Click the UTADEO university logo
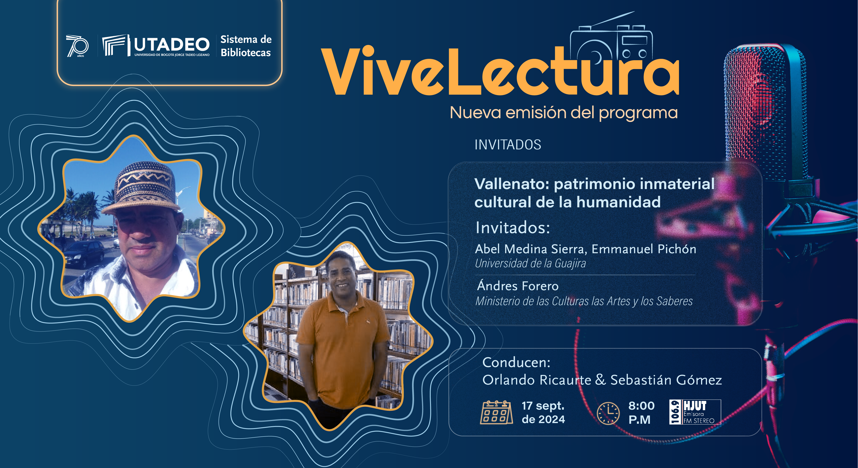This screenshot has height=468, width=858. coord(156,45)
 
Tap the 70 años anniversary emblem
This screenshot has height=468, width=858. coord(77,46)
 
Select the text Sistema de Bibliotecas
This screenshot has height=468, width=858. coord(246,46)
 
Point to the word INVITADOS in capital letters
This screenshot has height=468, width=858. coord(508,145)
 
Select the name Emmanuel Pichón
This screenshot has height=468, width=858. coord(644,249)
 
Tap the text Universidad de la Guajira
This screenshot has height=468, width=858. coord(530,263)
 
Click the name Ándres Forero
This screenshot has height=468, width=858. coord(518,286)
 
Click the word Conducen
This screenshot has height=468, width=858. coord(516,362)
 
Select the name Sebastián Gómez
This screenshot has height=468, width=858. coord(666,380)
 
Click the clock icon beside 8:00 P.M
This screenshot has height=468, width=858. coord(608,413)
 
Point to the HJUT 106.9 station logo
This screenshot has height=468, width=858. coord(695,412)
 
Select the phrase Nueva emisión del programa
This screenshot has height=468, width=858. coord(563,113)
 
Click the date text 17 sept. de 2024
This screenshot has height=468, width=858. coord(543,412)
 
